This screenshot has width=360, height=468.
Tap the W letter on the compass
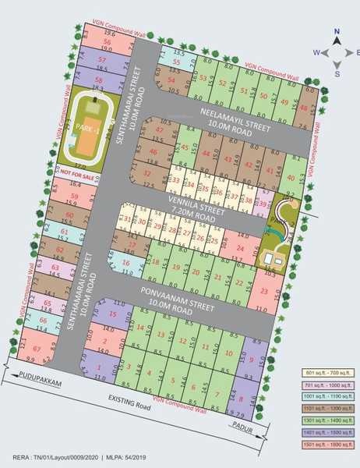point(317,52)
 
